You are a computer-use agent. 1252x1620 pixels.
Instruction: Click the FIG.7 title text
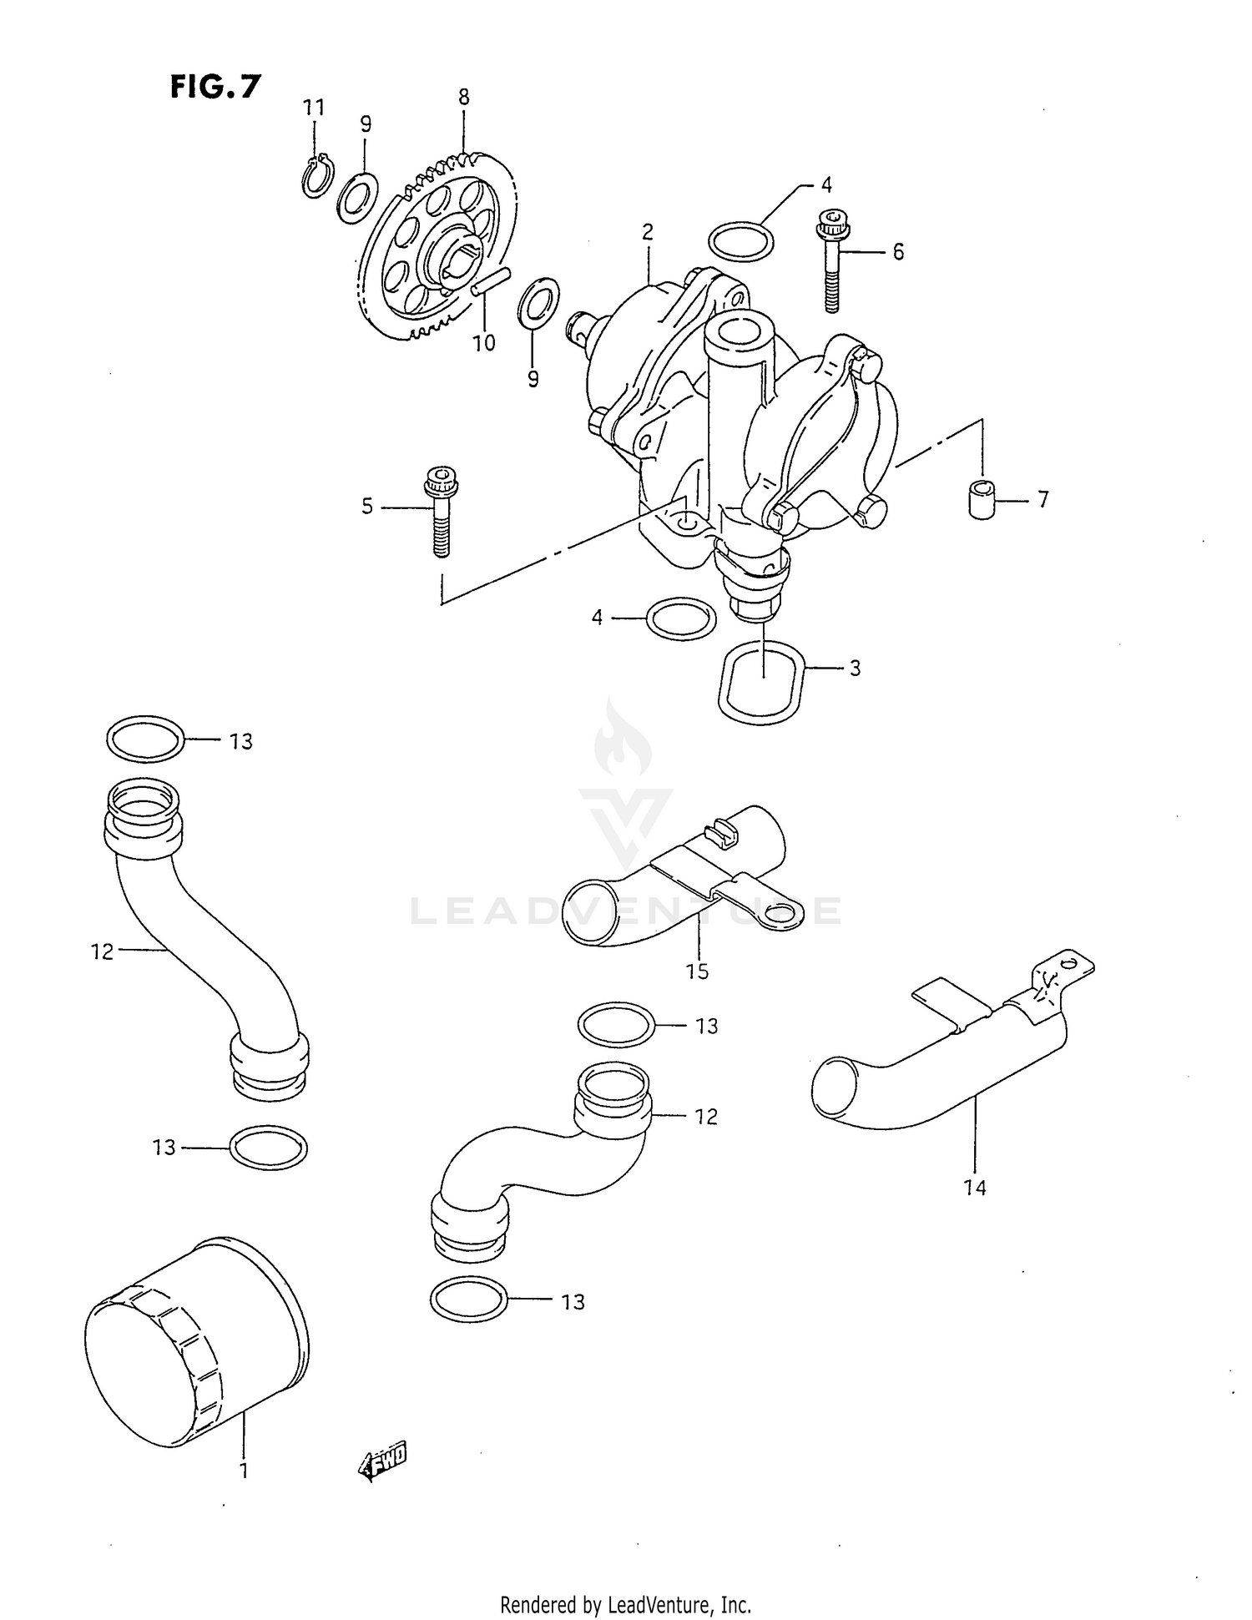point(215,86)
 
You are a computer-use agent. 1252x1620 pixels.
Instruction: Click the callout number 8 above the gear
point(463,98)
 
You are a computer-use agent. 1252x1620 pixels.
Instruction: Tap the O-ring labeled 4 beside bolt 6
point(740,242)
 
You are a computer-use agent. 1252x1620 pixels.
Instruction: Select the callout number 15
point(697,971)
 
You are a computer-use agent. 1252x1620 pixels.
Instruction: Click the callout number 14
point(974,1187)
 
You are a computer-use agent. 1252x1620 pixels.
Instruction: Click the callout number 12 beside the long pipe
point(102,951)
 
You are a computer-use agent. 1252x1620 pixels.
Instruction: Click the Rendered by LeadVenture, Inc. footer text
point(625,1604)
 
